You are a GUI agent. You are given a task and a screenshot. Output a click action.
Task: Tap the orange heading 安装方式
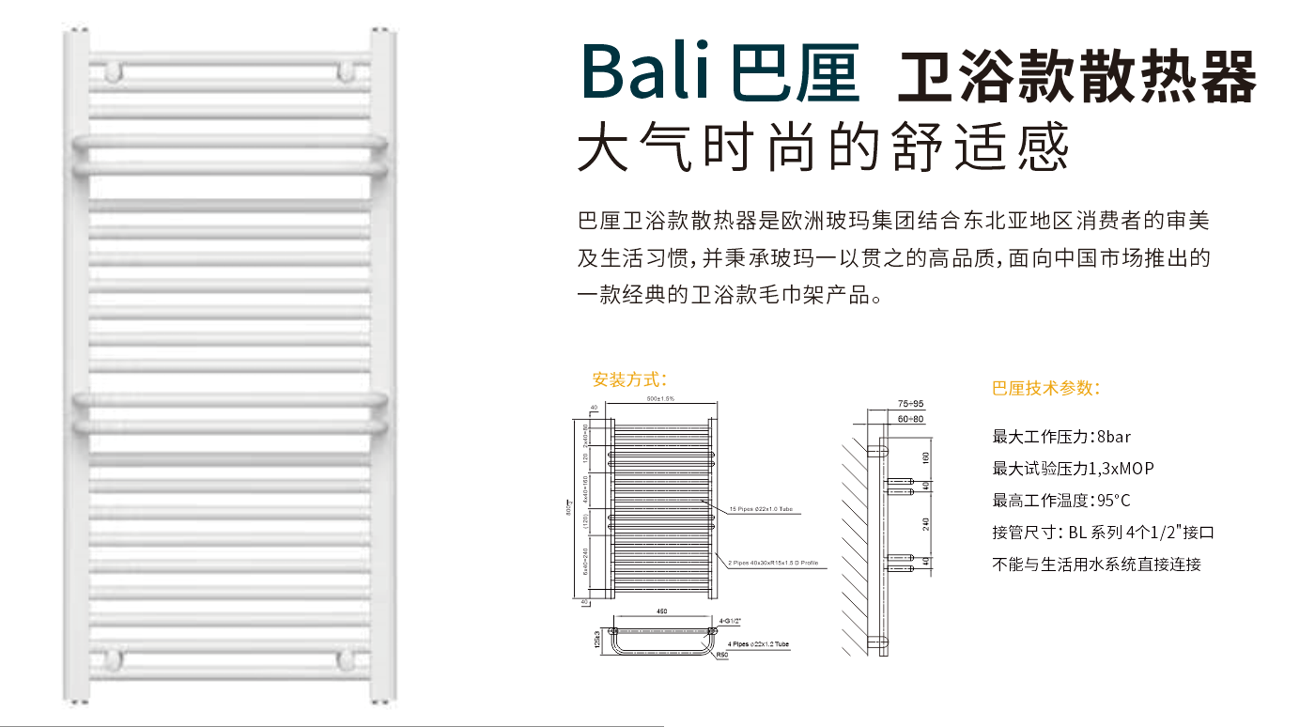click(x=629, y=379)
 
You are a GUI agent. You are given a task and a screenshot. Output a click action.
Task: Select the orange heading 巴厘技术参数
click(x=1045, y=388)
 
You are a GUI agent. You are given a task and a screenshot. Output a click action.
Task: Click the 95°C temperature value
click(x=1110, y=501)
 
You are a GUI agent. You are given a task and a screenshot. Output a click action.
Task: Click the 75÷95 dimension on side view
click(x=884, y=403)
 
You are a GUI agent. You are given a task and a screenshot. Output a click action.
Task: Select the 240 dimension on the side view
click(x=925, y=523)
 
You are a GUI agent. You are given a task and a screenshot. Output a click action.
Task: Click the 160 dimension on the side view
click(x=925, y=457)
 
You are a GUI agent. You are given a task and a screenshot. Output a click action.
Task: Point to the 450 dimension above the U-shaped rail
click(x=661, y=612)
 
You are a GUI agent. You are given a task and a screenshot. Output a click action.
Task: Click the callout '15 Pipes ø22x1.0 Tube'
click(x=761, y=509)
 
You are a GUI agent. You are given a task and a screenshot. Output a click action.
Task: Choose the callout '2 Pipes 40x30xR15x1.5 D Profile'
click(x=773, y=563)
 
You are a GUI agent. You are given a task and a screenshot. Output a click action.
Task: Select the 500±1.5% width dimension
click(x=660, y=400)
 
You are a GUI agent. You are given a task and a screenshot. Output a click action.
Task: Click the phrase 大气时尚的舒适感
click(x=823, y=148)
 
